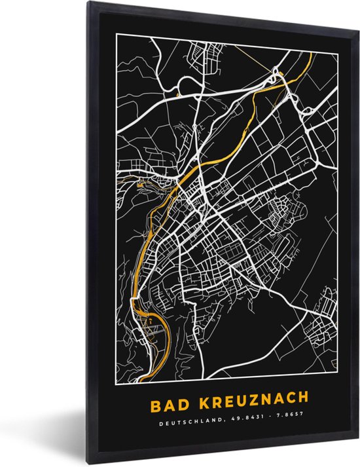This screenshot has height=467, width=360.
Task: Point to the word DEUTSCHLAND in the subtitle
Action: pos(189,417)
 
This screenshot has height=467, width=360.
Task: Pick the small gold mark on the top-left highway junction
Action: pos(179,96)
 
